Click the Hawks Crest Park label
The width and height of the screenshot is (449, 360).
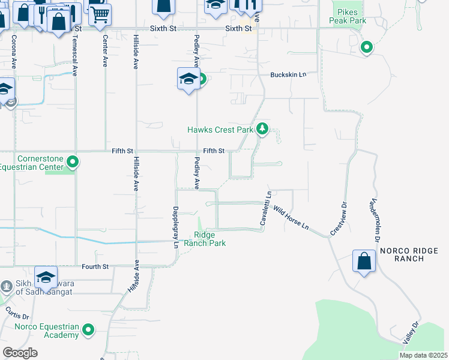click(220, 130)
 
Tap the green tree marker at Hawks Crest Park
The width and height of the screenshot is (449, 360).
click(262, 128)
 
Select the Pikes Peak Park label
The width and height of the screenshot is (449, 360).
click(346, 16)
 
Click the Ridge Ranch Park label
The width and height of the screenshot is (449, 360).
click(209, 239)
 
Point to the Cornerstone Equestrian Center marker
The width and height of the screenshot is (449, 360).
click(73, 162)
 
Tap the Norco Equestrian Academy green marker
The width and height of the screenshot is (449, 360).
click(89, 329)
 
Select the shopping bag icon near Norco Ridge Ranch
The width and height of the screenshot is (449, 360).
click(364, 261)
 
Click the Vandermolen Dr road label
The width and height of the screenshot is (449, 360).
click(383, 217)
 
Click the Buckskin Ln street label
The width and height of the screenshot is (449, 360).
click(288, 74)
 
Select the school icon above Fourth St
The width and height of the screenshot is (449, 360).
click(46, 277)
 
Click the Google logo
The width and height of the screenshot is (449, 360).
click(20, 353)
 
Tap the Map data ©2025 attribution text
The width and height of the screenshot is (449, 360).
click(423, 355)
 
